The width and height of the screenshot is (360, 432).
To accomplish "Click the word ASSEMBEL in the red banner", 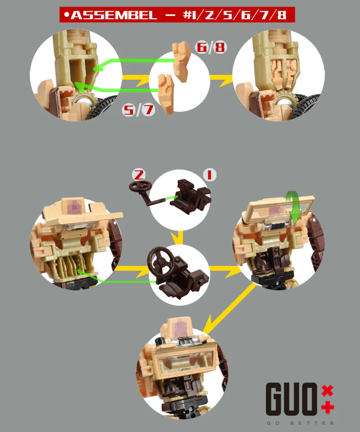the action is tap(114, 15).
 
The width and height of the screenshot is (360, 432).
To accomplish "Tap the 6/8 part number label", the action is tap(211, 47).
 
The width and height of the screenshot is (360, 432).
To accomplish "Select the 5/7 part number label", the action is tap(139, 109).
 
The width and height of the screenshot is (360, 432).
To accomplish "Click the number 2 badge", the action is tap(139, 175).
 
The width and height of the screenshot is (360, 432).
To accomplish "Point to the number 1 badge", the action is tap(210, 175).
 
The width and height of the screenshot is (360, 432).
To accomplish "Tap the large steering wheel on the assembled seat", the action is tap(160, 261).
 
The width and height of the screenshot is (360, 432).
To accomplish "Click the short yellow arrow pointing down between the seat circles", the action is tap(179, 238).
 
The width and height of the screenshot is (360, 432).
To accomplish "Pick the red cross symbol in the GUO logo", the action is tap(327, 390).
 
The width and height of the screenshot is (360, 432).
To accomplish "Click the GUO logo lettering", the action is tap(292, 399).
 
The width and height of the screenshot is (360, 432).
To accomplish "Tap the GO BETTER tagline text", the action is tap(300, 423).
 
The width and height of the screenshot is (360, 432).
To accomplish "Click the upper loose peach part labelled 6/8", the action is tap(182, 61).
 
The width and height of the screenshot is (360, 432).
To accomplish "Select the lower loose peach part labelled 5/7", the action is tap(166, 94).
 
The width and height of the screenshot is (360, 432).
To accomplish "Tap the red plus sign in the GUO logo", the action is tap(327, 408).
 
